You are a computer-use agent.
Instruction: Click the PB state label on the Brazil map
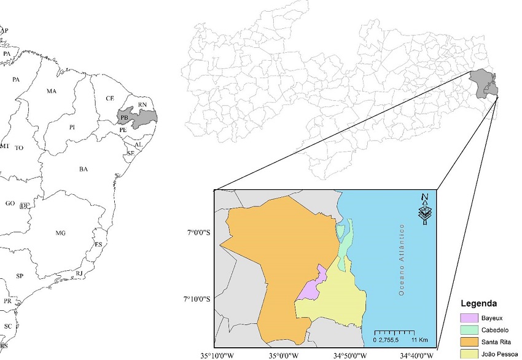tap(125, 117)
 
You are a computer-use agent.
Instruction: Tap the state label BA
tap(84, 169)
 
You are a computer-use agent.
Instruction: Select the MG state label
tap(60, 233)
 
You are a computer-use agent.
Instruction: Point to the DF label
tap(25, 205)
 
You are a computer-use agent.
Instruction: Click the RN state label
tap(142, 105)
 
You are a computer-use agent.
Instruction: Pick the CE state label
tap(110, 98)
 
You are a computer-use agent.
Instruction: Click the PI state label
tap(72, 127)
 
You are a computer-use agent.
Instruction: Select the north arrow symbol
tap(424, 209)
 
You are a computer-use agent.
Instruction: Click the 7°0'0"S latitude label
tap(199, 232)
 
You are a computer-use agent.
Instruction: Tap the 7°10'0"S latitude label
tap(198, 299)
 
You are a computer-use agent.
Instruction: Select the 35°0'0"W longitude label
tap(283, 355)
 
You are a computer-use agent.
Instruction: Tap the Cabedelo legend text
tap(496, 330)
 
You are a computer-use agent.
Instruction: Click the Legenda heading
tap(483, 303)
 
